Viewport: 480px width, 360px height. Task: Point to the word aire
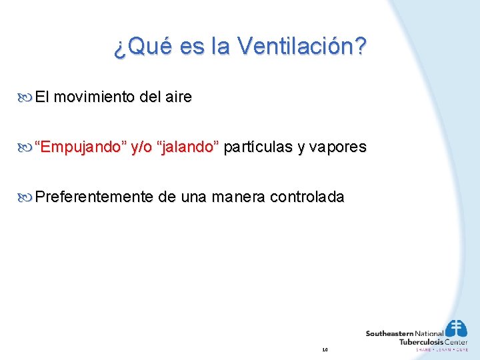(177, 97)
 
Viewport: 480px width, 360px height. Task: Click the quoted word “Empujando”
(80, 147)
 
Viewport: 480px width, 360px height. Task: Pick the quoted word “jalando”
(187, 147)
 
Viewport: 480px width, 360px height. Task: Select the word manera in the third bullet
(237, 197)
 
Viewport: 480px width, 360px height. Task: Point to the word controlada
(307, 197)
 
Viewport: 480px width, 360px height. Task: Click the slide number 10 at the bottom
(325, 349)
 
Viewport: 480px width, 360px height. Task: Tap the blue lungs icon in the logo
(455, 328)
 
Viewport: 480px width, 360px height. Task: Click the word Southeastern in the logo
(389, 333)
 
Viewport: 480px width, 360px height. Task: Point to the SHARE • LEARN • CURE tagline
(442, 349)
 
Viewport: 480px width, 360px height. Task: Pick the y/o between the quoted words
(141, 147)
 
